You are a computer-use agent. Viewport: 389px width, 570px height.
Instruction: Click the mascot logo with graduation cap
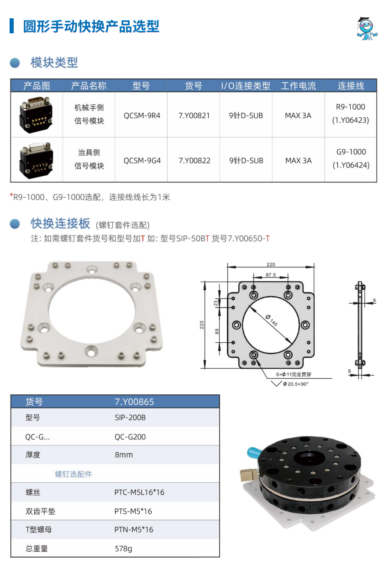(367, 28)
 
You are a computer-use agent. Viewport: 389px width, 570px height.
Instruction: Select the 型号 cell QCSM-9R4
(142, 116)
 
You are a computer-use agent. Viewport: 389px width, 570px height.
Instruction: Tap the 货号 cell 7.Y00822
(194, 161)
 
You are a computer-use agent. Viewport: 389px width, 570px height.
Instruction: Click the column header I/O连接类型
(246, 86)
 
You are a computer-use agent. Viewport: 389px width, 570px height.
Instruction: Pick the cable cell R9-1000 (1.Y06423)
(351, 114)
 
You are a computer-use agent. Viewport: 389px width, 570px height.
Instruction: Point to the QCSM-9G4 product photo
(37, 160)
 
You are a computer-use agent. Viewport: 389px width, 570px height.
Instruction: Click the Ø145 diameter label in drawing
(271, 320)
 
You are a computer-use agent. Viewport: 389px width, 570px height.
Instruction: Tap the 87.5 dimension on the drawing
(271, 275)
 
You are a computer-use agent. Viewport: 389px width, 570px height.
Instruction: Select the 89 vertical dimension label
(217, 332)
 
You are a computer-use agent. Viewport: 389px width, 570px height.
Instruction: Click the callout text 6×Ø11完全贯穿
(294, 374)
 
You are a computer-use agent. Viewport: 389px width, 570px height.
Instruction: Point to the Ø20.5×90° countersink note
(295, 384)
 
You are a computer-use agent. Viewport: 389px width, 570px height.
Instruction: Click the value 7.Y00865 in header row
(134, 402)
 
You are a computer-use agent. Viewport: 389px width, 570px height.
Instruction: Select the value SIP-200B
(130, 418)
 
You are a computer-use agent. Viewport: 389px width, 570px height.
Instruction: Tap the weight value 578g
(123, 549)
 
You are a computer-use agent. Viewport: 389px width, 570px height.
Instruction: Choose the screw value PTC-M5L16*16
(139, 492)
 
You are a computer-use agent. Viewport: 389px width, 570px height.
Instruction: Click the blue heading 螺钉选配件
(74, 474)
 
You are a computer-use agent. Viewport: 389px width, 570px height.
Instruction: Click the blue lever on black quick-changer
(254, 453)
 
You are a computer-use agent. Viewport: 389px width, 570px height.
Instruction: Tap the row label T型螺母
(39, 530)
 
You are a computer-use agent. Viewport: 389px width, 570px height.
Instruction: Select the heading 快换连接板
(60, 224)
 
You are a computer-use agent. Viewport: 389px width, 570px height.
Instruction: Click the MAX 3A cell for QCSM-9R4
(298, 116)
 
